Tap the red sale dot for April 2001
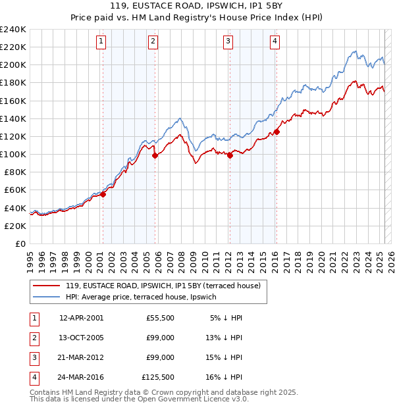[103, 194]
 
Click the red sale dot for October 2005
[155, 155]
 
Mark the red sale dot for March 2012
[229, 155]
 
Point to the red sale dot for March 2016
[276, 132]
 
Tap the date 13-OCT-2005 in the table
[81, 338]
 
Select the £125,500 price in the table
[158, 377]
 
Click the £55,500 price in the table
[160, 318]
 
